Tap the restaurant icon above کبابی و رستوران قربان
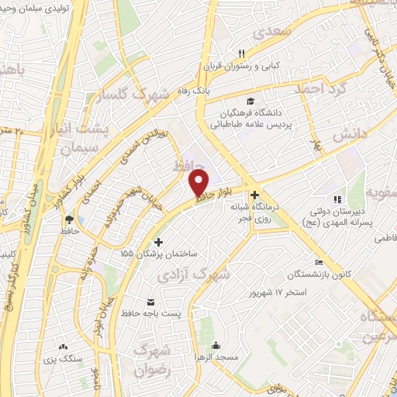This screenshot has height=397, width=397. (241, 53)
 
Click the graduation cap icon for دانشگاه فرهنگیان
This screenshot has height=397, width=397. (250, 102)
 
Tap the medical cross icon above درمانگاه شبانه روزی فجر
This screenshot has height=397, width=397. (254, 196)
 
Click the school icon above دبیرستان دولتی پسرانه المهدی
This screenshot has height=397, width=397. (337, 198)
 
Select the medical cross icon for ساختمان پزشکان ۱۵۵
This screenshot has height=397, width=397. (159, 242)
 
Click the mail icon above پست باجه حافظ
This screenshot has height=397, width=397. (150, 301)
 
